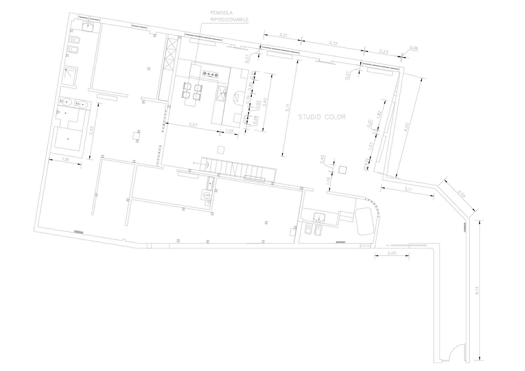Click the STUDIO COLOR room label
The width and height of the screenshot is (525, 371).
[322, 117]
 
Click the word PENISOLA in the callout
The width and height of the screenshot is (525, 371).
[221, 13]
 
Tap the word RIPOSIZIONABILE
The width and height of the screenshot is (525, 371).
[229, 20]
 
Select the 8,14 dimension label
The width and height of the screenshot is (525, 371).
[477, 290]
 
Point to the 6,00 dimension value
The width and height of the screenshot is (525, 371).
[406, 127]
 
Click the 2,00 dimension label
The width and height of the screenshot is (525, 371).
[392, 253]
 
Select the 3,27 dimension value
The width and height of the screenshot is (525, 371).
[193, 125]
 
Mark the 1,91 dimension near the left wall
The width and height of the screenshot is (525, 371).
[66, 159]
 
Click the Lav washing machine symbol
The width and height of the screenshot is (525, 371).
[207, 195]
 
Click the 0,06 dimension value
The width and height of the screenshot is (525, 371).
[414, 48]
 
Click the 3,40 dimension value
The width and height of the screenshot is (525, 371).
[264, 102]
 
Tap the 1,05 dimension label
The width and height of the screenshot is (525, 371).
[229, 131]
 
